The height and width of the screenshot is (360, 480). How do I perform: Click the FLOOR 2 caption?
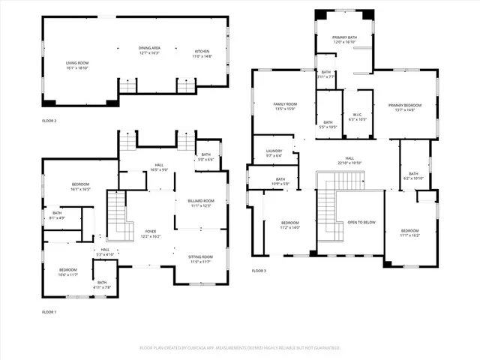coord(49,120)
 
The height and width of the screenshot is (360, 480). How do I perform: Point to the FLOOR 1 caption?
coord(49,311)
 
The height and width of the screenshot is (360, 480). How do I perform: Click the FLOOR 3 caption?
coord(259,270)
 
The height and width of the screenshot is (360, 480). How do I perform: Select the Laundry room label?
coord(274,153)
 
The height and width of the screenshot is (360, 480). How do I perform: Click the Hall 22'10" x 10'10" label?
coord(349,160)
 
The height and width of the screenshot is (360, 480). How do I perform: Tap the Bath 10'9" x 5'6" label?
coord(280,181)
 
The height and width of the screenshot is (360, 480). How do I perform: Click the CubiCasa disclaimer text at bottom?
coord(240,348)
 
